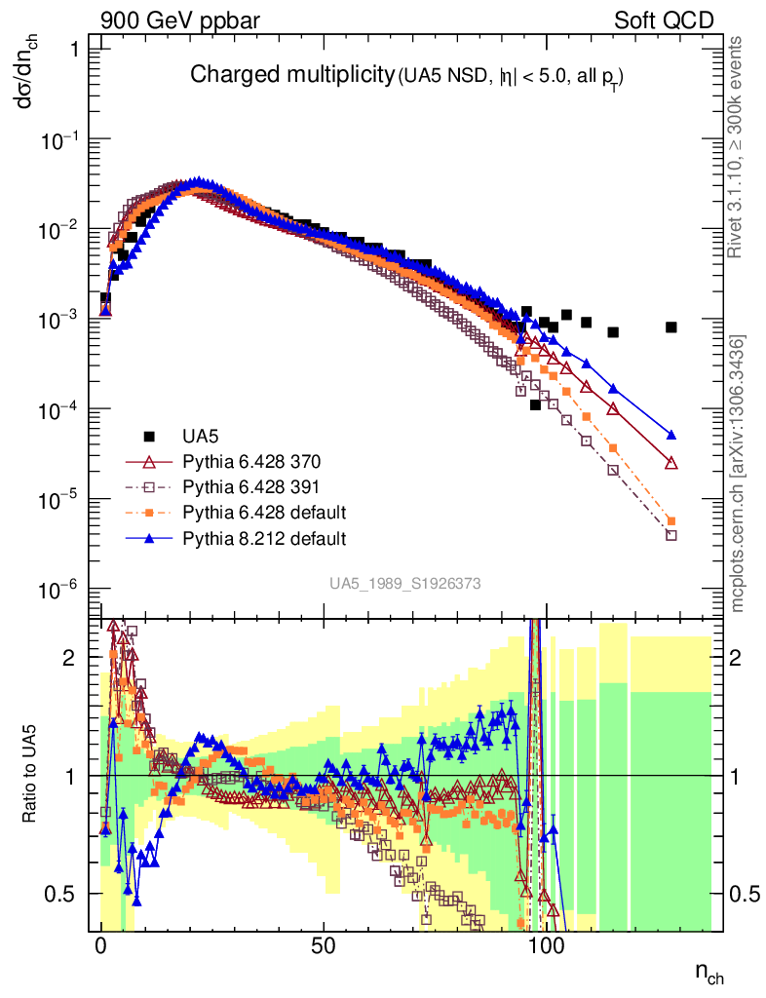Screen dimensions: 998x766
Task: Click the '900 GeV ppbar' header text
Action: [162, 19]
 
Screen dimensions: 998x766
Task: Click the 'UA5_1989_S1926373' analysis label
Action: [404, 583]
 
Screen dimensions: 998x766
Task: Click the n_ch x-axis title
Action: [709, 972]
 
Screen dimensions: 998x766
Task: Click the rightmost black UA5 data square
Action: [670, 327]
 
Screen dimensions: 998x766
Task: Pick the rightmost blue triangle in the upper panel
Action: [670, 435]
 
